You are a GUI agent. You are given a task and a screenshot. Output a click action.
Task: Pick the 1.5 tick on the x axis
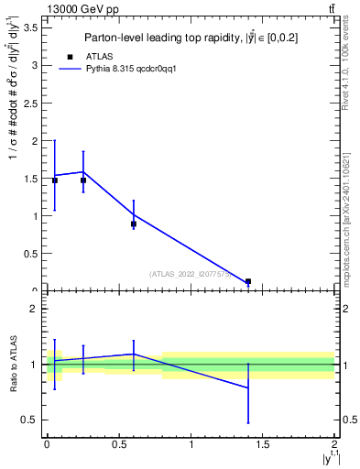(262, 444)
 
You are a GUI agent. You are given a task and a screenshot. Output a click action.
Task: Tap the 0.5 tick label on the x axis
(118, 444)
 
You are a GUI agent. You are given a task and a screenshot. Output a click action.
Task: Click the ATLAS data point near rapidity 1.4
(248, 281)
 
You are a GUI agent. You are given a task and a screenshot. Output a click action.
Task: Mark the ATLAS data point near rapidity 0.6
(134, 224)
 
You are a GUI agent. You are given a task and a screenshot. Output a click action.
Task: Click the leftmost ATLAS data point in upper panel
(55, 180)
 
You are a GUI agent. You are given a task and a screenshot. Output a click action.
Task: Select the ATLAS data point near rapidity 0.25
(83, 180)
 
